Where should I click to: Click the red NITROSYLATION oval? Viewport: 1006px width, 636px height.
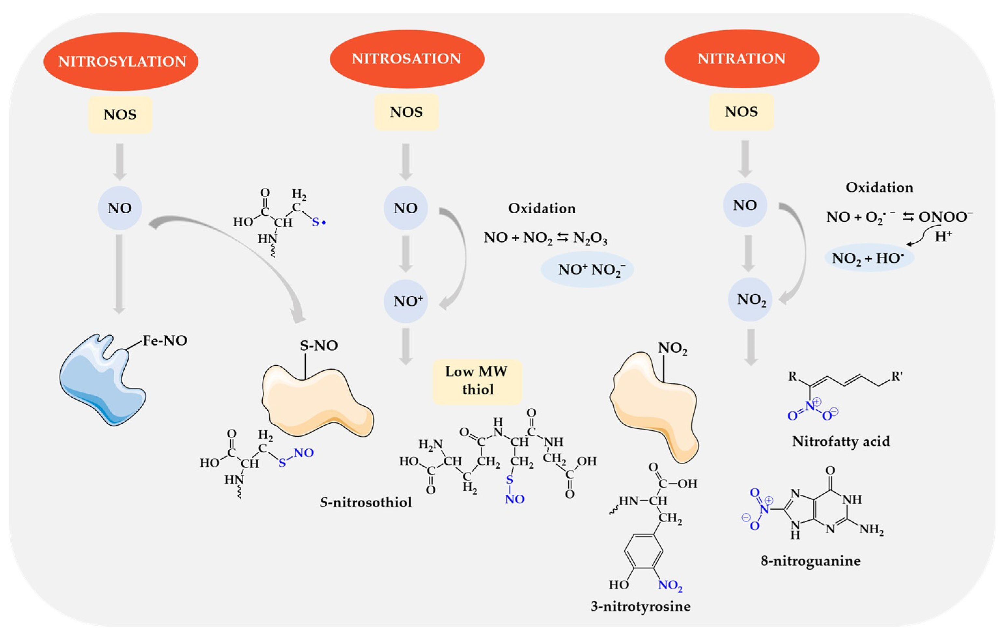pos(121,62)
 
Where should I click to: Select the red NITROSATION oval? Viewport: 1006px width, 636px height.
pos(407,59)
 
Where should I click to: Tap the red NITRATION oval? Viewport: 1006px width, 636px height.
pos(742,59)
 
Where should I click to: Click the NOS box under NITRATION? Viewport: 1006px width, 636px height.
pos(742,112)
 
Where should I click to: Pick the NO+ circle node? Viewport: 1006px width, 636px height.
pos(406,301)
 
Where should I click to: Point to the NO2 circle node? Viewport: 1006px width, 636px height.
pos(750,299)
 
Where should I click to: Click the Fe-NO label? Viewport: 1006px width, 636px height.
pos(165,341)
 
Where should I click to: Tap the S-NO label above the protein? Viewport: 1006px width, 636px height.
pos(319,346)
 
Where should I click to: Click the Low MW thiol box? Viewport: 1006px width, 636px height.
pos(477,381)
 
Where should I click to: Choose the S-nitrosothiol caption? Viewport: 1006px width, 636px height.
pos(366,502)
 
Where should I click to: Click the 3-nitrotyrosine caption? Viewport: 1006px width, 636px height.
pos(640,606)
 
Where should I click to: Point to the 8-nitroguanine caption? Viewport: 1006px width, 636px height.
pos(810,560)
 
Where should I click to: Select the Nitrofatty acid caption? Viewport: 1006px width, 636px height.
pos(841,441)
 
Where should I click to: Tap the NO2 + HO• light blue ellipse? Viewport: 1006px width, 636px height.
pos(869,258)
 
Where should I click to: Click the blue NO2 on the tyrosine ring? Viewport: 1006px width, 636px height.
pos(670,585)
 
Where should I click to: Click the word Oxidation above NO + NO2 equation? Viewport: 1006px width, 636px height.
pos(541,208)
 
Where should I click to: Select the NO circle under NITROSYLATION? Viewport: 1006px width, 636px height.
pos(120,208)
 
